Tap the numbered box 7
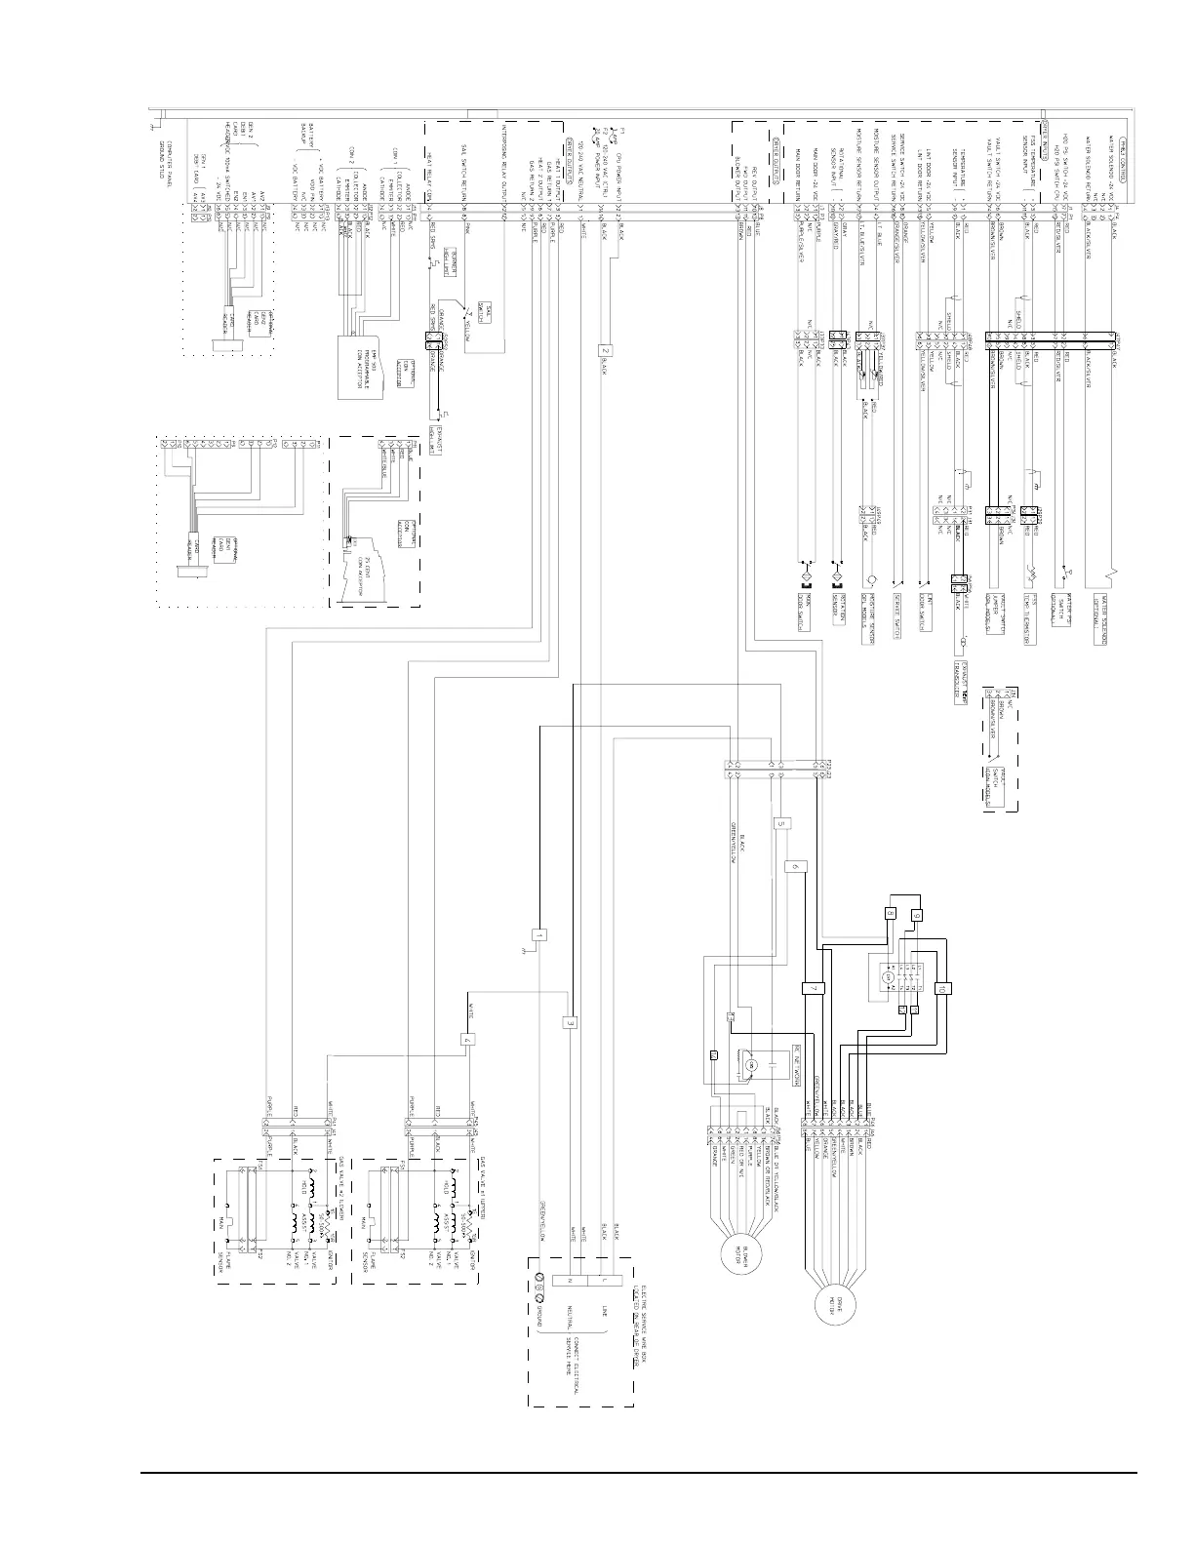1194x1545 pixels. [814, 988]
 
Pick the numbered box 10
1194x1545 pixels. [941, 987]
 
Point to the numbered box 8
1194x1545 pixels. [891, 914]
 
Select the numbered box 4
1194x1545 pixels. [469, 1040]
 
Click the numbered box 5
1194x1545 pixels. [782, 823]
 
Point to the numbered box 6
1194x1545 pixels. [795, 865]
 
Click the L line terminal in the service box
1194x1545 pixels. [605, 1280]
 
